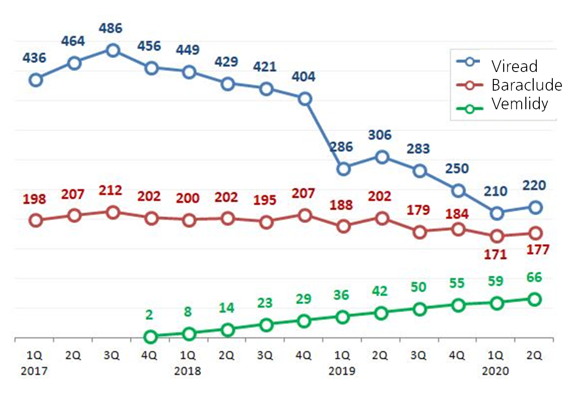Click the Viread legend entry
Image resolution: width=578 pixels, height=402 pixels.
pos(514,66)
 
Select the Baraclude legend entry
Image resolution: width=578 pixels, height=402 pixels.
pos(526,85)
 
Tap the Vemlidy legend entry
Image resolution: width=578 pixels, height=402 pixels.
pos(519,104)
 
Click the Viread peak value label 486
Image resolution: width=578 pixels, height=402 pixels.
pos(111,29)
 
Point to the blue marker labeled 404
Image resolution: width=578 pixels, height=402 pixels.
pos(305,99)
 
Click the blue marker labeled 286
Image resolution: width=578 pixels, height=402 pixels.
pos(343,169)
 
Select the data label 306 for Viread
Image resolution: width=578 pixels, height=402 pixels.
pos(380,135)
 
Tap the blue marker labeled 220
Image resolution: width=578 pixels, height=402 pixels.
pos(536,207)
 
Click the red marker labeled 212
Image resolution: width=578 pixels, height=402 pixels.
pos(113,212)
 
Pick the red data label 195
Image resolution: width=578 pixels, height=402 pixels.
pos(265,200)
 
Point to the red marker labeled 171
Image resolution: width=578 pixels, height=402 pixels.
pos(497,236)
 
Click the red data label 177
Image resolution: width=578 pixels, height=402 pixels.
pos(537,250)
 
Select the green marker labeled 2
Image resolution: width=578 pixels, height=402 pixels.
pos(151,337)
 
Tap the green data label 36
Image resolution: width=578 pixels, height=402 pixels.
pos(341,295)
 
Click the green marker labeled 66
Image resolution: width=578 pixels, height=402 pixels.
pos(535,299)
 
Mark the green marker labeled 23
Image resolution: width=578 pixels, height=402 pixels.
pos(266,325)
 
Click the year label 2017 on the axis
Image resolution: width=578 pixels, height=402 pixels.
pos(34,372)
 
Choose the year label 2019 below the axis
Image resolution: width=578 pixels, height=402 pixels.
pos(342,372)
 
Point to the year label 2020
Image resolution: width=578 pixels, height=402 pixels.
pos(495,372)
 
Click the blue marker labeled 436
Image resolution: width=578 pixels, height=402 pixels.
pos(36,80)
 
